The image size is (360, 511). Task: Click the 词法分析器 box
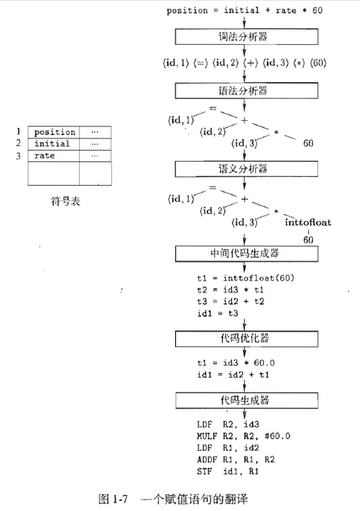pos(246,37)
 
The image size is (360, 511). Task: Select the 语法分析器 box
pos(246,90)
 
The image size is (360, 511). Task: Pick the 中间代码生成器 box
pos(246,253)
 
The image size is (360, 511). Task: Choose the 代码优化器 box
pos(246,338)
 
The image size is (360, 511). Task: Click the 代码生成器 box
pos(246,400)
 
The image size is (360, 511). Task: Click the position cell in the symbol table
pos(54,133)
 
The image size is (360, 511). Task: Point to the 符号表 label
pos(61,202)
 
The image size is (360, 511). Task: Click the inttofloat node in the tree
pos(308,222)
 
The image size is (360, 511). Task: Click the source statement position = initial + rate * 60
pos(244,11)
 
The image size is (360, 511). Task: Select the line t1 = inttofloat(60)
pos(245,278)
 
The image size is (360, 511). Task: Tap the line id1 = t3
pos(218,313)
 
